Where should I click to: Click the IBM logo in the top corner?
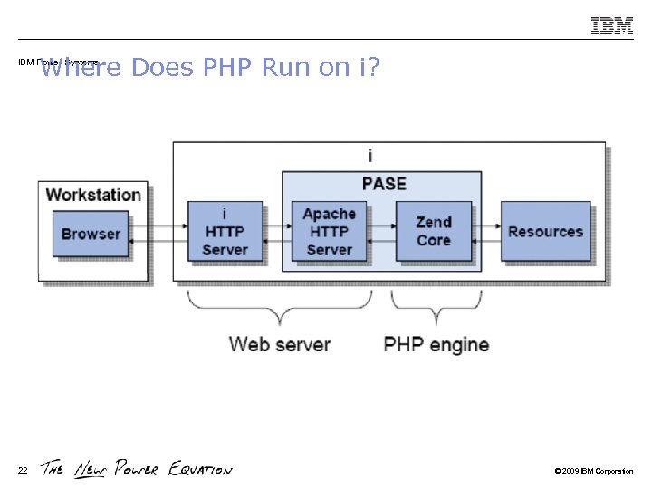pos(612,25)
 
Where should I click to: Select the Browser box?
pos(90,233)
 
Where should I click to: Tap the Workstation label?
pos(93,195)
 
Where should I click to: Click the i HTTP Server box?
pos(225,232)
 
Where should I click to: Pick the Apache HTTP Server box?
pos(329,232)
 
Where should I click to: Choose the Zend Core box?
pos(433,232)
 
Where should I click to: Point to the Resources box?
pos(545,232)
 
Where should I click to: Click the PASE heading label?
pos(384,184)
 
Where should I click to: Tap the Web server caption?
pos(280,345)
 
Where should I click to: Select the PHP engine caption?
pos(436,345)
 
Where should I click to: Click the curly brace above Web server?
pos(280,308)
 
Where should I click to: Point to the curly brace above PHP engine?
pos(436,308)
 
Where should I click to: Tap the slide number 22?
pos(23,470)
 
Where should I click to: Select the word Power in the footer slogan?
pos(136,469)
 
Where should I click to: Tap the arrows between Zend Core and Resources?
pos(486,232)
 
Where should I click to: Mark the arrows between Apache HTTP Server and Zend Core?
pos(381,232)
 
